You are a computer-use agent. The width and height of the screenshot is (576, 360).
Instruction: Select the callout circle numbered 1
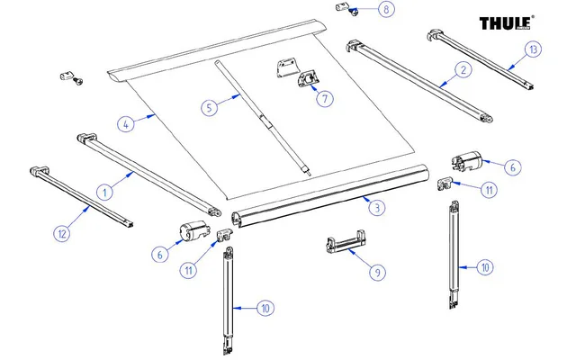coord(104,191)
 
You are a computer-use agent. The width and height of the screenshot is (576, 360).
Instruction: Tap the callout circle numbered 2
coord(463,69)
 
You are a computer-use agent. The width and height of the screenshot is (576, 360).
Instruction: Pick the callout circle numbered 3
coord(377,208)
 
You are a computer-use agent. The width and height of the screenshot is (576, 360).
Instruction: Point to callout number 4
coord(126,123)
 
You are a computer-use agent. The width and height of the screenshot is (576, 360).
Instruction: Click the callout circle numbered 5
coord(209,107)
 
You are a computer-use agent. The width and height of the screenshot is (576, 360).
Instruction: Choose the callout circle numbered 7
coord(323,98)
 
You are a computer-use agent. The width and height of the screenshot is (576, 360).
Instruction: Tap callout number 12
coord(61,234)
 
